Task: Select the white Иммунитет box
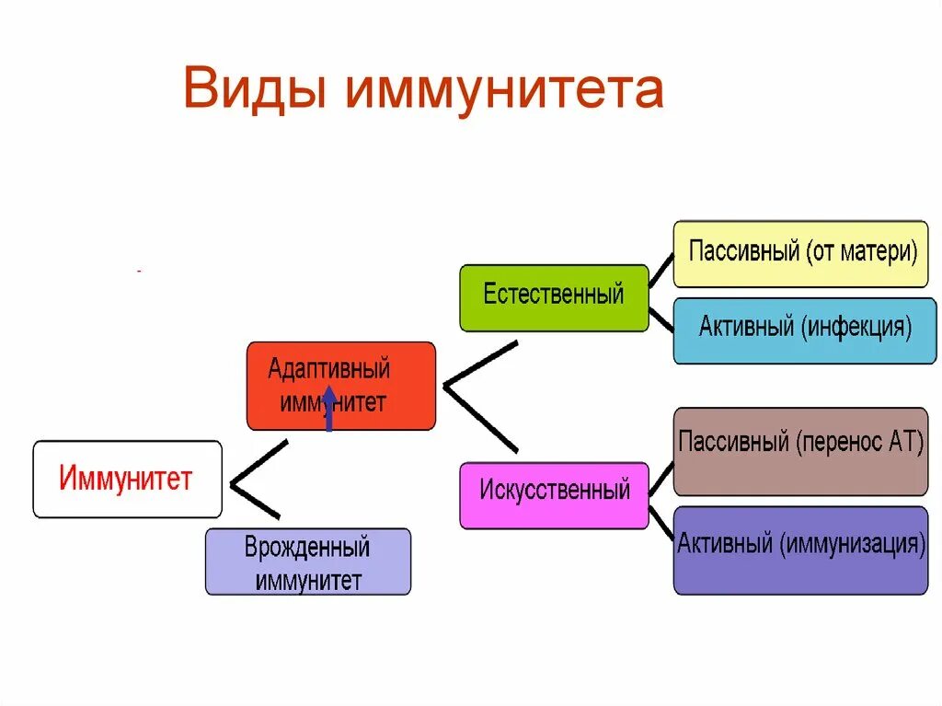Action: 127,480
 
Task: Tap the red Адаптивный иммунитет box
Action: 340,386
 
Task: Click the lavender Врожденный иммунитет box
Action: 307,561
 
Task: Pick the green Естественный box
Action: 554,297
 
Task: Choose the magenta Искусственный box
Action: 554,494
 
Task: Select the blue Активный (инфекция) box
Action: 805,330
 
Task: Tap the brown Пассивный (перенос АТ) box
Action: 800,450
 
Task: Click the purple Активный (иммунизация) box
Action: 800,550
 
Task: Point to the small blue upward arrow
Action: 328,411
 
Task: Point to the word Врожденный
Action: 307,548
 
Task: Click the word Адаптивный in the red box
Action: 329,370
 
